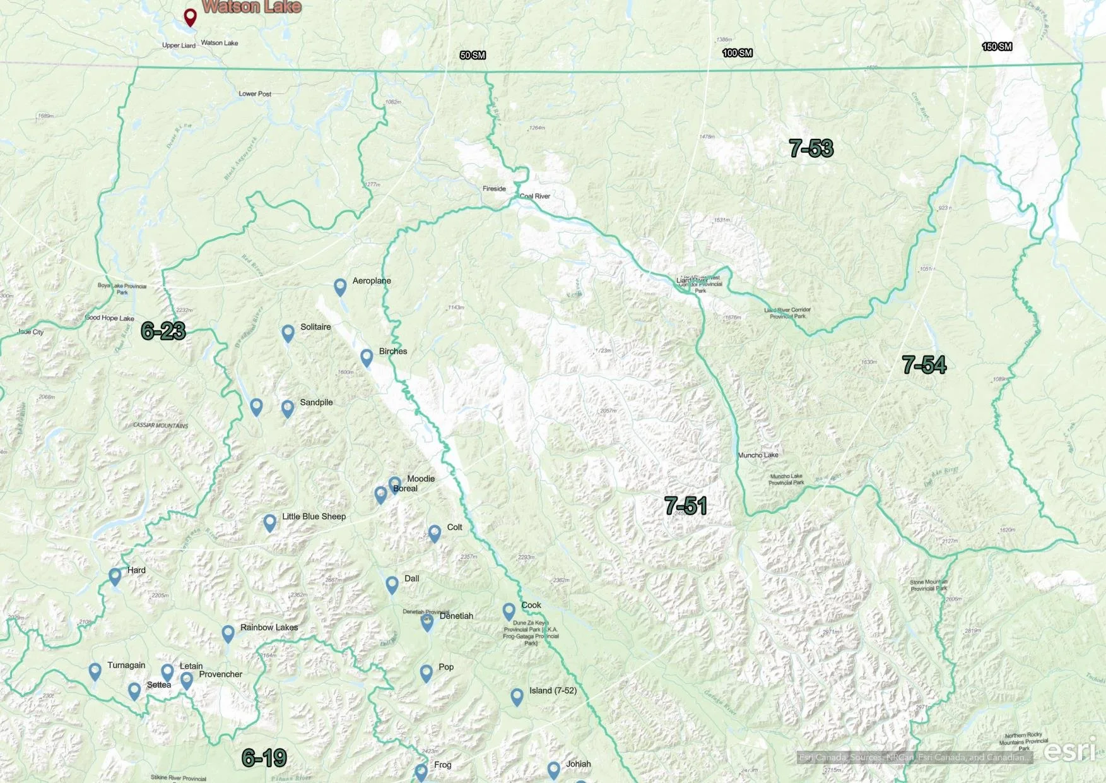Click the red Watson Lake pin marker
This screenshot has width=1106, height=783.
[x=190, y=16]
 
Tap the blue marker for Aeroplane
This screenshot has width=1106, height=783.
[x=340, y=287]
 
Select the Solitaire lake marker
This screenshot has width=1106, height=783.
[x=288, y=332]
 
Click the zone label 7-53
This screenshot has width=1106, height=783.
[x=811, y=148]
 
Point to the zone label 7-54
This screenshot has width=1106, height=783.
[x=924, y=364]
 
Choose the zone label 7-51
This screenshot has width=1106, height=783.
[x=685, y=505]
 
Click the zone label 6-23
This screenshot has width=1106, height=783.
[x=163, y=330]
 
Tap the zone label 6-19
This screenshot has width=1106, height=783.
[x=264, y=758]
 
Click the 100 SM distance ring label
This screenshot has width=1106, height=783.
[x=737, y=53]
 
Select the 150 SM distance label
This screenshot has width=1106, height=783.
[x=997, y=47]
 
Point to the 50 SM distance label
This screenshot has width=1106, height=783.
[x=473, y=56]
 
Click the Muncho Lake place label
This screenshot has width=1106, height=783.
[x=758, y=455]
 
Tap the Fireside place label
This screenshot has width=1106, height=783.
[x=494, y=189]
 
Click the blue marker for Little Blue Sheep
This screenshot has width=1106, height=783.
[x=269, y=522]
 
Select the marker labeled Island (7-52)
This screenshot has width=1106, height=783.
[x=517, y=696]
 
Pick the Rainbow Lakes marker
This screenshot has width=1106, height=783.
[x=228, y=633]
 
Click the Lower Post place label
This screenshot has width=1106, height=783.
[x=255, y=94]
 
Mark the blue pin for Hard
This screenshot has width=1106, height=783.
[x=115, y=576]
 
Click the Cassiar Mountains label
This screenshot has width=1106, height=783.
[x=160, y=426]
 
